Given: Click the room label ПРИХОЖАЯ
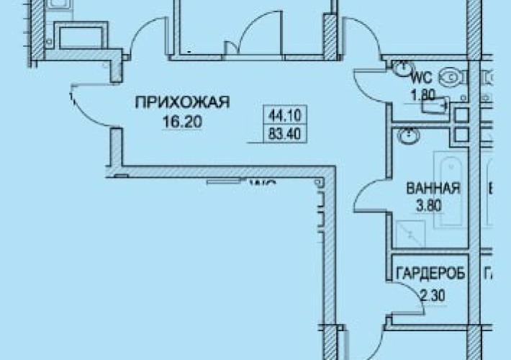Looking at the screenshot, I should click(182, 103).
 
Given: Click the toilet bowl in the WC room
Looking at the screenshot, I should click(451, 74).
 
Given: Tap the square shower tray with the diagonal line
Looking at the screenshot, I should click(410, 234).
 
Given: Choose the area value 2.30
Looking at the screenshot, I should click(431, 294).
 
